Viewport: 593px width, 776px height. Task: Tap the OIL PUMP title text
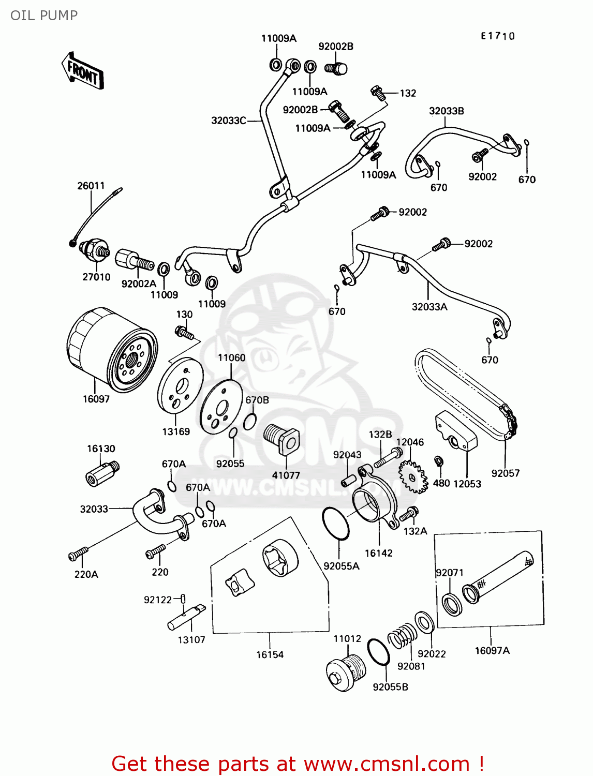(44, 16)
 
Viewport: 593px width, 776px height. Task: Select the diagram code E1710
(498, 36)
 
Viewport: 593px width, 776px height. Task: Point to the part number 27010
(96, 277)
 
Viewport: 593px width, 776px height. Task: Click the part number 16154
(270, 655)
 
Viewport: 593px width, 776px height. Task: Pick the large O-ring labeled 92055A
(336, 524)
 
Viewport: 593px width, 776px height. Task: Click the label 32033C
(228, 121)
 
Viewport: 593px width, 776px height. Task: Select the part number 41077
(286, 475)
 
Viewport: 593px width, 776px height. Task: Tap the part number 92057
(505, 473)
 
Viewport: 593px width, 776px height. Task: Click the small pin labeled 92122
(183, 599)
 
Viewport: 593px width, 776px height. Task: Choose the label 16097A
(492, 651)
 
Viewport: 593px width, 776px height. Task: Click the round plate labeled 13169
(180, 391)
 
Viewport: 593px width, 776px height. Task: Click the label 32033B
(446, 111)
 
